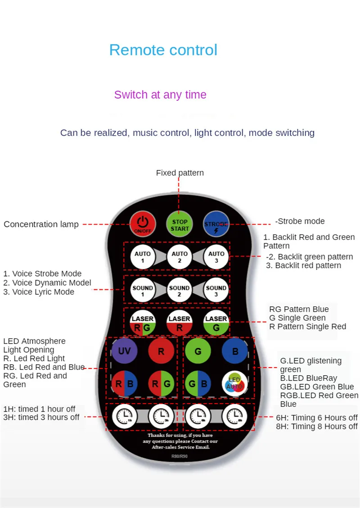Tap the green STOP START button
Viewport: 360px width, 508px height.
[180, 225]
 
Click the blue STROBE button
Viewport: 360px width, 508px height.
[216, 225]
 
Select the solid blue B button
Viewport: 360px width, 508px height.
[235, 351]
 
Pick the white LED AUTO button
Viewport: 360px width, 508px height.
[235, 384]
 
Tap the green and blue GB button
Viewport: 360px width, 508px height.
[198, 384]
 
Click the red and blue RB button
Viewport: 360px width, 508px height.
[124, 384]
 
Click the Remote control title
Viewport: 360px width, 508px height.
[163, 50]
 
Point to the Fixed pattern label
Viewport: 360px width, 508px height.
[180, 173]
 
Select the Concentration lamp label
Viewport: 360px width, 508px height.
[41, 224]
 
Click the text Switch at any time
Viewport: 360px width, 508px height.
[160, 95]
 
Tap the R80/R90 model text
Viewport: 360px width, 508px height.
[180, 457]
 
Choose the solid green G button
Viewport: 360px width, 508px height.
[198, 351]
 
